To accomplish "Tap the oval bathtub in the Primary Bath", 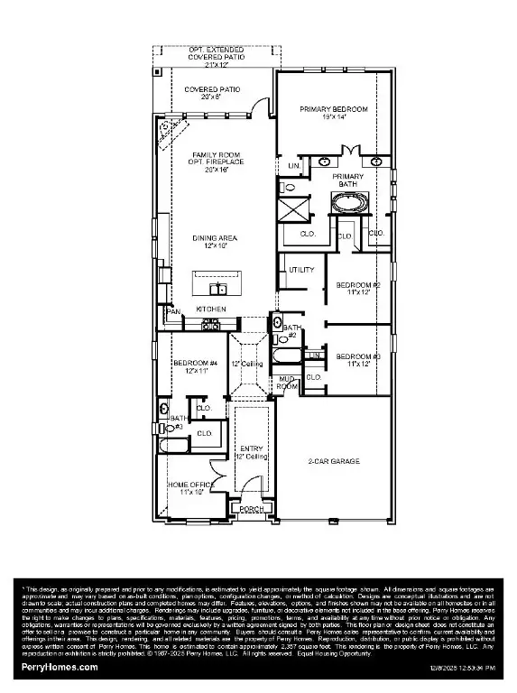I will pyautogui.click(x=348, y=203).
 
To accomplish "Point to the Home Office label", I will pyautogui.click(x=189, y=489).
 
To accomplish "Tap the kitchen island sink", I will pyautogui.click(x=217, y=289).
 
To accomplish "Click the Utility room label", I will pyautogui.click(x=300, y=270).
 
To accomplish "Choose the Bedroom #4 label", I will pyautogui.click(x=190, y=365).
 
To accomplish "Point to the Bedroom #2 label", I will pyautogui.click(x=358, y=289).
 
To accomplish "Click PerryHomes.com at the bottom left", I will pyautogui.click(x=60, y=666).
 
